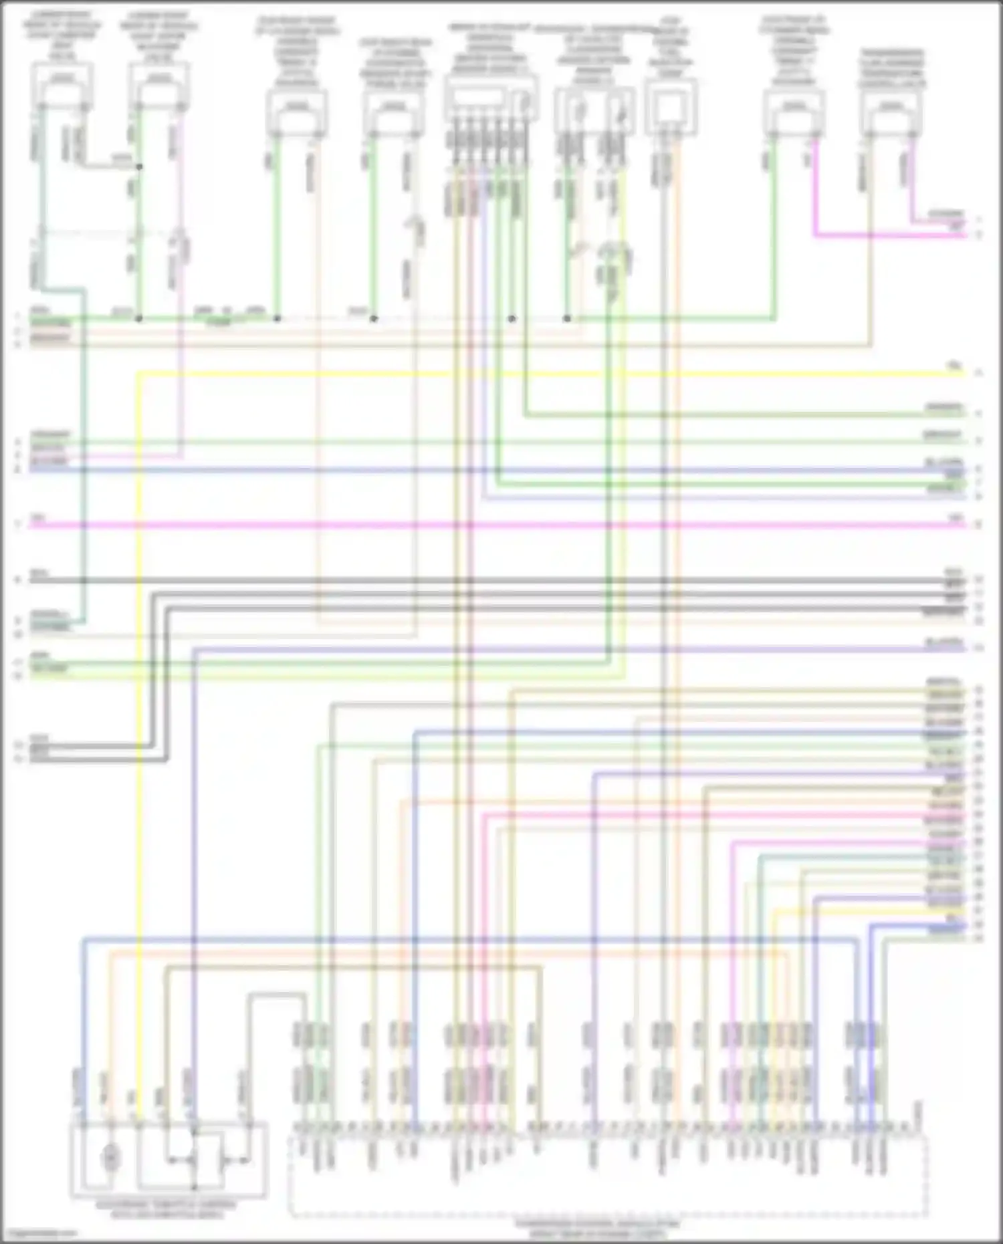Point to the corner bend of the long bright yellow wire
138,374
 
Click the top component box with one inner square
671,107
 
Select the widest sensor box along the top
491,98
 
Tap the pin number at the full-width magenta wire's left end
18,525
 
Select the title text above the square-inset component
671,47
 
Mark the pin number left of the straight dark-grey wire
18,580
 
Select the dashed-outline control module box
608,1176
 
